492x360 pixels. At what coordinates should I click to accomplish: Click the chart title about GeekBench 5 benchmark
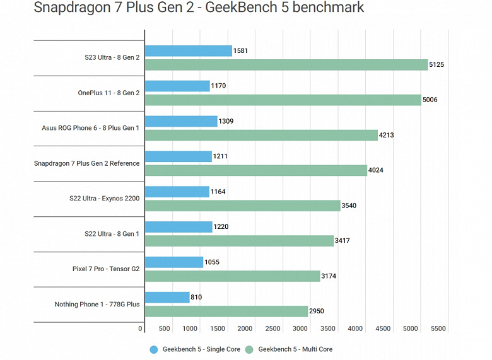tap(198, 9)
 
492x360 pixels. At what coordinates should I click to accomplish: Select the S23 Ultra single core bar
tap(188, 51)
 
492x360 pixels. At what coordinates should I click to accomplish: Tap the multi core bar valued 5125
tap(286, 65)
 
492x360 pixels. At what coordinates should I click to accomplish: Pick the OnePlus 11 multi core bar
tap(283, 100)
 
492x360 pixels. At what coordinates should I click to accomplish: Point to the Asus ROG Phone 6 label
tap(91, 128)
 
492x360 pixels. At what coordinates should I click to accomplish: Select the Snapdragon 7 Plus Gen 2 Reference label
tap(87, 163)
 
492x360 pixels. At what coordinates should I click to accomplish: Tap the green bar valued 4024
tap(255, 170)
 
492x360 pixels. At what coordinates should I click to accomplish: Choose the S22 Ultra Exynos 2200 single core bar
tap(177, 192)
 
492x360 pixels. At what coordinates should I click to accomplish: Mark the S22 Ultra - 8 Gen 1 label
tap(112, 234)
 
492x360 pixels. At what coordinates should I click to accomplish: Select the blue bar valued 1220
tap(179, 227)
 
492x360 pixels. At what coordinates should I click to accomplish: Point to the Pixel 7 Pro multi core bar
tap(232, 276)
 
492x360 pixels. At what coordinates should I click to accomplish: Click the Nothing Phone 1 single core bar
tap(167, 297)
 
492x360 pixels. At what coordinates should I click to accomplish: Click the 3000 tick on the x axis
tap(300, 328)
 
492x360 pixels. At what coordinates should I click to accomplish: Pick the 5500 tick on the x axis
tap(438, 328)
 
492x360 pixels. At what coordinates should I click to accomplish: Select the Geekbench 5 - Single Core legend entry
tap(195, 349)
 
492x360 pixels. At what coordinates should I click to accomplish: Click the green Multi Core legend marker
tap(249, 349)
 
